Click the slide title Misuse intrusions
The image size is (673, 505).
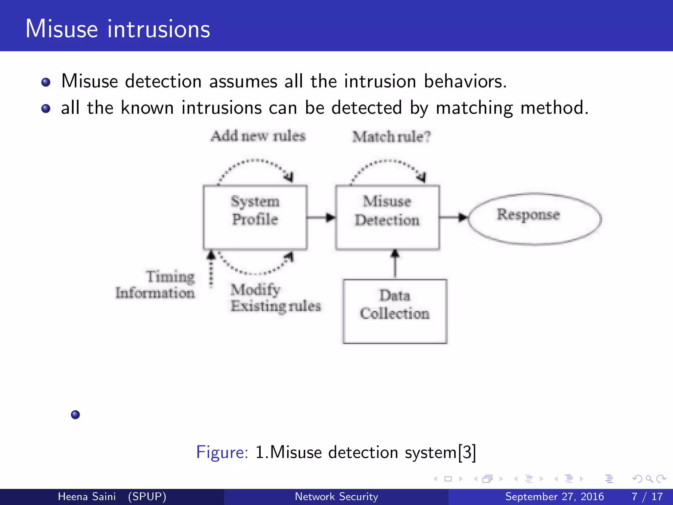(x=118, y=29)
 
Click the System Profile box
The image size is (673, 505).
(x=255, y=217)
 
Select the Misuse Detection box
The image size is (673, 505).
(x=387, y=217)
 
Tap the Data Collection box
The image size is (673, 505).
(x=395, y=311)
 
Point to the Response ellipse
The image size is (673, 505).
(x=535, y=219)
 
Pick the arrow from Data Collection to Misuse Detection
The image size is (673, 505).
(x=395, y=264)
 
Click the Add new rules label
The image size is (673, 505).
(x=258, y=136)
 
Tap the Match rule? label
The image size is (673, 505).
(x=391, y=137)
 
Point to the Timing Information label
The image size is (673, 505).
(x=155, y=285)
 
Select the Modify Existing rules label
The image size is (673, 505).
(x=275, y=298)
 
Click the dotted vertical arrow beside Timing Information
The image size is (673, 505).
(x=211, y=270)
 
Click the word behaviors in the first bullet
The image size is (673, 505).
(x=465, y=81)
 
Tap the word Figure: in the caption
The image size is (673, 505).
(x=222, y=452)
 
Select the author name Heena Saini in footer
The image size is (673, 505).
(x=87, y=496)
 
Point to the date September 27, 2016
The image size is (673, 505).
(x=554, y=496)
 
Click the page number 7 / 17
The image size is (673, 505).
(x=647, y=496)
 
